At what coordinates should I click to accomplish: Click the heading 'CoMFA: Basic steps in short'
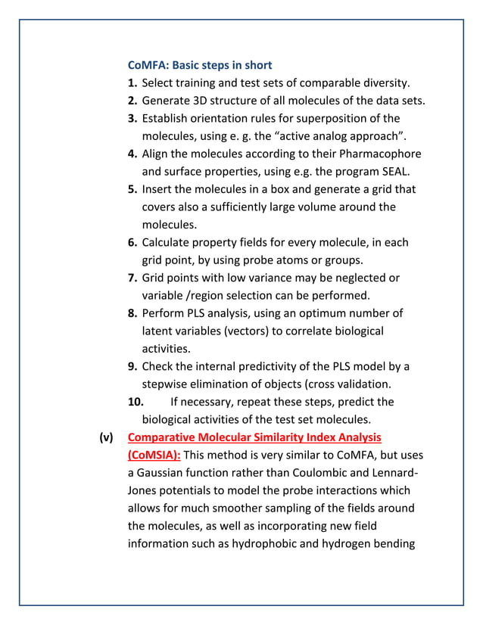(x=200, y=65)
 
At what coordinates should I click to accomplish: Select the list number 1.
(x=132, y=83)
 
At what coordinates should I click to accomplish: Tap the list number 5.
(x=132, y=189)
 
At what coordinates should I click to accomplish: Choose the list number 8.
(x=132, y=313)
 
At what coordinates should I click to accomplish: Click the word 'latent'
(x=160, y=331)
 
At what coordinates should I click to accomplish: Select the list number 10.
(x=136, y=402)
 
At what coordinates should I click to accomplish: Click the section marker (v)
(x=105, y=437)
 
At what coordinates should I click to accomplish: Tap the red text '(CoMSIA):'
(x=154, y=455)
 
